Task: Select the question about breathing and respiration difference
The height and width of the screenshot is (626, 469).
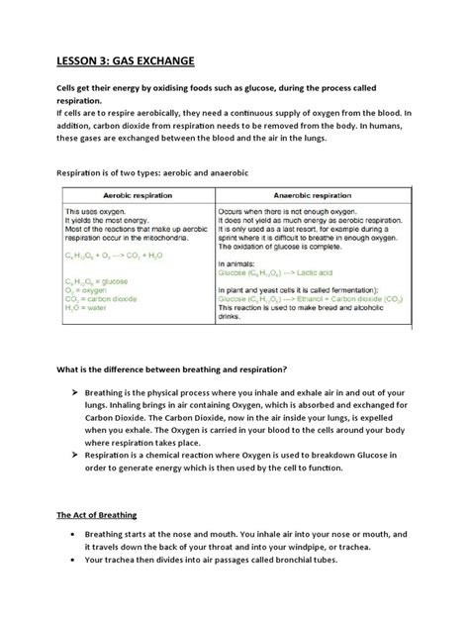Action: [173, 369]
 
